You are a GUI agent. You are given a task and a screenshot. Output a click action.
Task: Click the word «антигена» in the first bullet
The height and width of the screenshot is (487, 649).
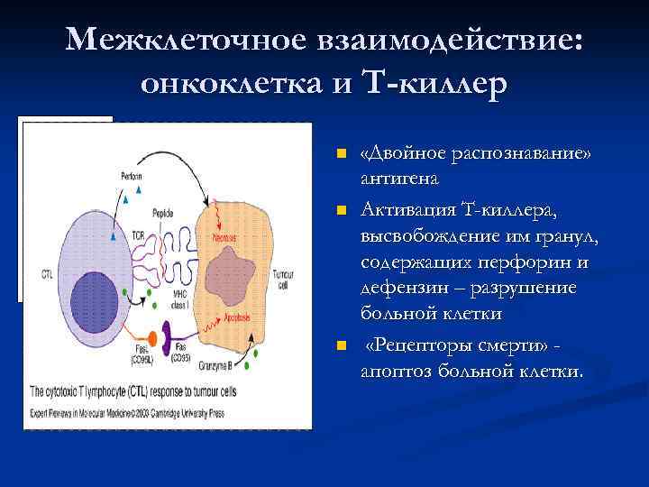[x=398, y=179]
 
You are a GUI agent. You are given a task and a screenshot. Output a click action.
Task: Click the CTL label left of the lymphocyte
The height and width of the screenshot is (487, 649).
[x=47, y=271]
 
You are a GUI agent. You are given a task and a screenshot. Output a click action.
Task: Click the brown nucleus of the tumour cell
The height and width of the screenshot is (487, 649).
[x=249, y=271]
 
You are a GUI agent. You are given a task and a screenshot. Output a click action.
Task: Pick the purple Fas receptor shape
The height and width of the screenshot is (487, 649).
[x=180, y=335]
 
